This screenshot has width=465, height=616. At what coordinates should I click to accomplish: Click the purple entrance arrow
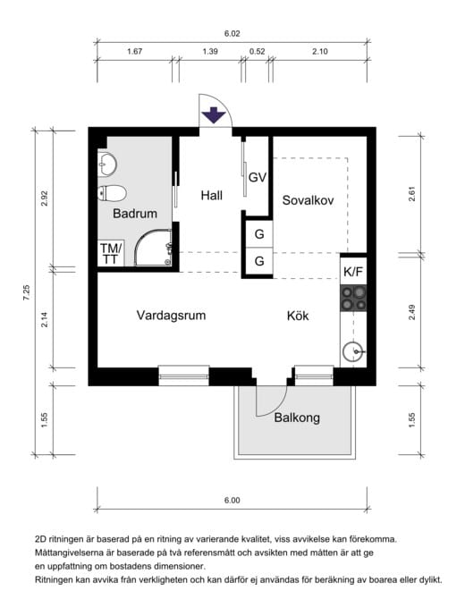point(214,115)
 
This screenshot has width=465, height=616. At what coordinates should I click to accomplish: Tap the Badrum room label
point(135,214)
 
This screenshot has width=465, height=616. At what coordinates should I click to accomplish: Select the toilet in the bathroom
point(112,193)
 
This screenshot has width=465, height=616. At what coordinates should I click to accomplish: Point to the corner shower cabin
point(153,248)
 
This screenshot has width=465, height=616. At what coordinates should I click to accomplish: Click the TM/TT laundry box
point(111,253)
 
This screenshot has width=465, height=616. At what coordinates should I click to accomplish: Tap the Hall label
point(211,195)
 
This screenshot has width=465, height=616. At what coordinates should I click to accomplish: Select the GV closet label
point(258,178)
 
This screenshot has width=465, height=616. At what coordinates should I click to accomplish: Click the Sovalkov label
point(309,200)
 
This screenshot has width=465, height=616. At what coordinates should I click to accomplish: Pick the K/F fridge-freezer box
point(353,271)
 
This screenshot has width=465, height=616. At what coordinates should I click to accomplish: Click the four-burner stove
point(353,299)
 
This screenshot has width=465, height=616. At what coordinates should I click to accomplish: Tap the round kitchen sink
point(352,351)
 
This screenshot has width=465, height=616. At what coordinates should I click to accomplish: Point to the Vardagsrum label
point(172,315)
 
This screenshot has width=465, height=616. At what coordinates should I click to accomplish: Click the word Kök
point(298,316)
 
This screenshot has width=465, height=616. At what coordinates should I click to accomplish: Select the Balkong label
point(297,418)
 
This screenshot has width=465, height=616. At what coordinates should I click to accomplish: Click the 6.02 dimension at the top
point(232,34)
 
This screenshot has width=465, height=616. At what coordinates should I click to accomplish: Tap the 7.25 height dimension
point(26,292)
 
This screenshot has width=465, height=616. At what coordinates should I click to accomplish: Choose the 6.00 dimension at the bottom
point(232,500)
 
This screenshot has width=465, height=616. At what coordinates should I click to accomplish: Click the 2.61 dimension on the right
point(412,194)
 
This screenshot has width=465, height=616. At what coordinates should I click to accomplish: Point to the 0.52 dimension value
point(257,52)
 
